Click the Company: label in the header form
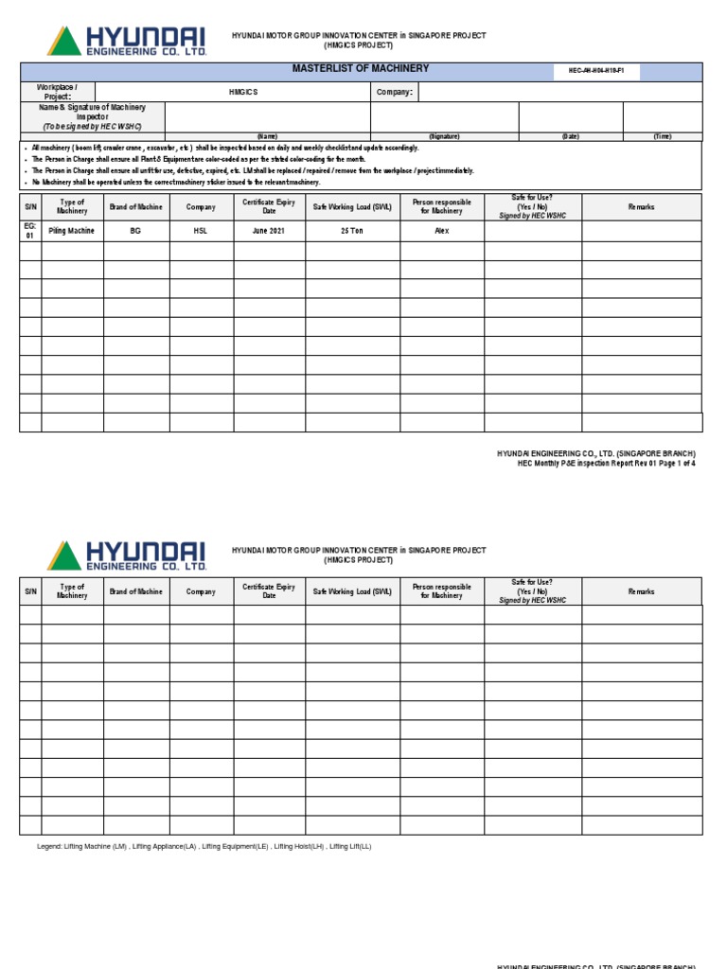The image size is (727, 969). (394, 93)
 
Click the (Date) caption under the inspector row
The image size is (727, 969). (570, 136)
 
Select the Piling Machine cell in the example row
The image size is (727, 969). (72, 231)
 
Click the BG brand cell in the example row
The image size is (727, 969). (135, 231)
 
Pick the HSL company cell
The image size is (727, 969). (201, 231)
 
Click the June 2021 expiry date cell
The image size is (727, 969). (269, 231)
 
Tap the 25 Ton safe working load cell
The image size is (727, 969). (352, 231)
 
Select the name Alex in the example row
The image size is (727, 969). (441, 231)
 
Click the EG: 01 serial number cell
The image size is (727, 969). (29, 231)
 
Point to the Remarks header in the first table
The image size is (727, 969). (641, 207)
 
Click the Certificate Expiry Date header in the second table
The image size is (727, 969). (269, 591)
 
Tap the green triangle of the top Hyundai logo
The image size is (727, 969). (64, 43)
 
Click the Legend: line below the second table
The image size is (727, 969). (204, 846)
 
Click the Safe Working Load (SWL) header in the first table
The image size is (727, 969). (352, 207)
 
